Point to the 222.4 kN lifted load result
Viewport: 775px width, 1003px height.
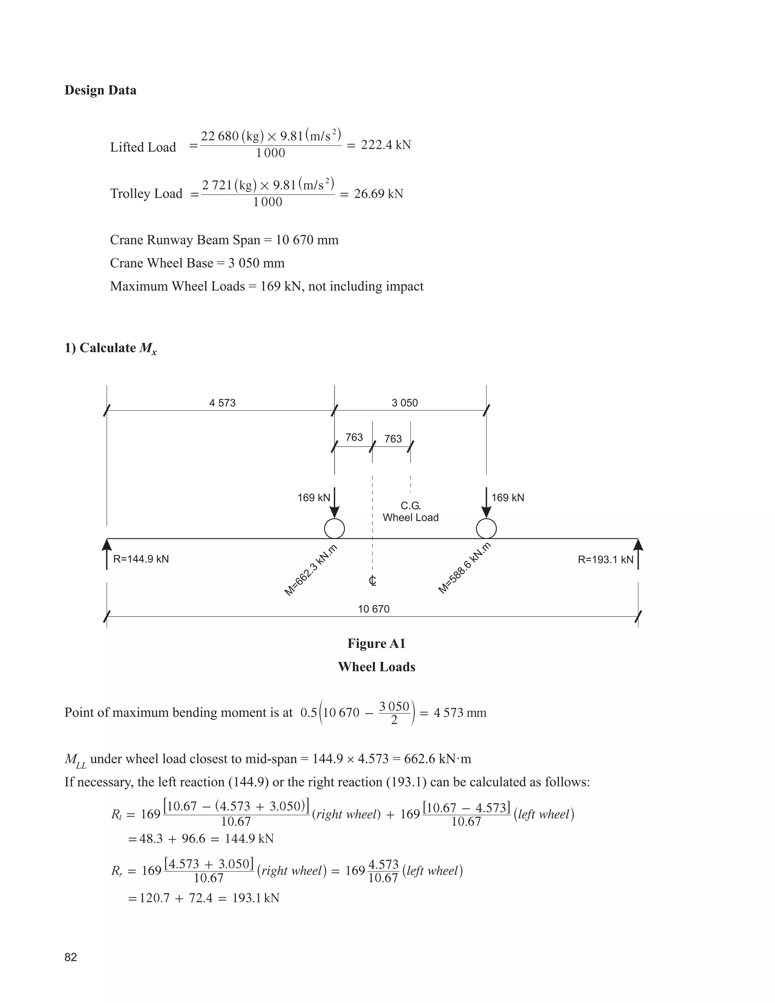(x=386, y=145)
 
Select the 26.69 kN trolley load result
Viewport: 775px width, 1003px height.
(x=378, y=194)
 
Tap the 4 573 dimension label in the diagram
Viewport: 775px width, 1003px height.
(x=222, y=403)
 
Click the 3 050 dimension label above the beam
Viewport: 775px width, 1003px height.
(x=405, y=403)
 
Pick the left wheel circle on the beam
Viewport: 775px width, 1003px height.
(x=334, y=529)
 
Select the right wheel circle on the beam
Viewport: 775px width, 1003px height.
(x=486, y=529)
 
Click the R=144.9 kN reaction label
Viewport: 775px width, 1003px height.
(x=141, y=559)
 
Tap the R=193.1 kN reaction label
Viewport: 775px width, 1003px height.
(x=605, y=559)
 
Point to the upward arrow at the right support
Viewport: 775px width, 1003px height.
(x=638, y=553)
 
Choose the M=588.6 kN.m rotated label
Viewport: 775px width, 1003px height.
(x=464, y=568)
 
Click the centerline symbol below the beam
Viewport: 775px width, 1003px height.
(x=372, y=581)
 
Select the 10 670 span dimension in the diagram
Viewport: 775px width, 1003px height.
(x=373, y=609)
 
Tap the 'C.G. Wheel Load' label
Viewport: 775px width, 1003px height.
(x=411, y=512)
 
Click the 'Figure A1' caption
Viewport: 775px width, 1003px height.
(x=377, y=643)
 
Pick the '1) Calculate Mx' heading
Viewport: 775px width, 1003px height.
(x=110, y=348)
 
